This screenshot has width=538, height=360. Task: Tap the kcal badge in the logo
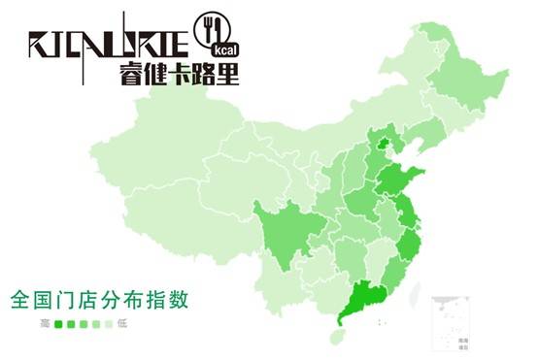pyautogui.click(x=223, y=47)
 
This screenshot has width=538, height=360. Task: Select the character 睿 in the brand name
pyautogui.click(x=133, y=73)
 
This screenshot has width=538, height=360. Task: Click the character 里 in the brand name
pyautogui.click(x=227, y=73)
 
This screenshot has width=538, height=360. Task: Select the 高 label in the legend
pyautogui.click(x=44, y=323)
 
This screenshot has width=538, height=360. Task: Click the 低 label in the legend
pyautogui.click(x=122, y=323)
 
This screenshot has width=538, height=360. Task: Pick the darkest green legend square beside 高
pyautogui.click(x=58, y=323)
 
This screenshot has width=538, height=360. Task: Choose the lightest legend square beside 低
pyautogui.click(x=109, y=323)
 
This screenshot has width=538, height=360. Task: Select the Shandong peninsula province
pyautogui.click(x=403, y=180)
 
